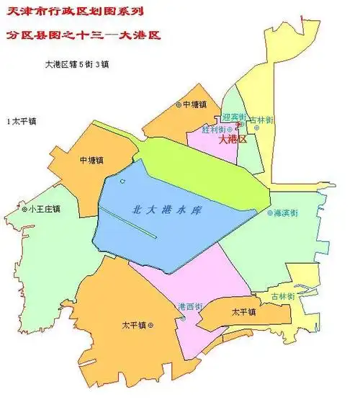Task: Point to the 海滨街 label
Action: (x=287, y=213)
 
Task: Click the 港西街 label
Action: (x=190, y=306)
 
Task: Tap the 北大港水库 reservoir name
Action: (x=166, y=210)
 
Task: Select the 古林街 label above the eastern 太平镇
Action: (x=282, y=296)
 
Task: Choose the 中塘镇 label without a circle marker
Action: (x=91, y=160)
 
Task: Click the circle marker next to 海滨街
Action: (x=270, y=213)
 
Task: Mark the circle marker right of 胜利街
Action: (x=230, y=129)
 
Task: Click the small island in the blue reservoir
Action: (x=122, y=182)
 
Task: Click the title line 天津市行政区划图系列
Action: (x=73, y=12)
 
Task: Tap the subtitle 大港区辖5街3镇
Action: (x=77, y=64)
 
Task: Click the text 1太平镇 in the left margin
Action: (x=21, y=121)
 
